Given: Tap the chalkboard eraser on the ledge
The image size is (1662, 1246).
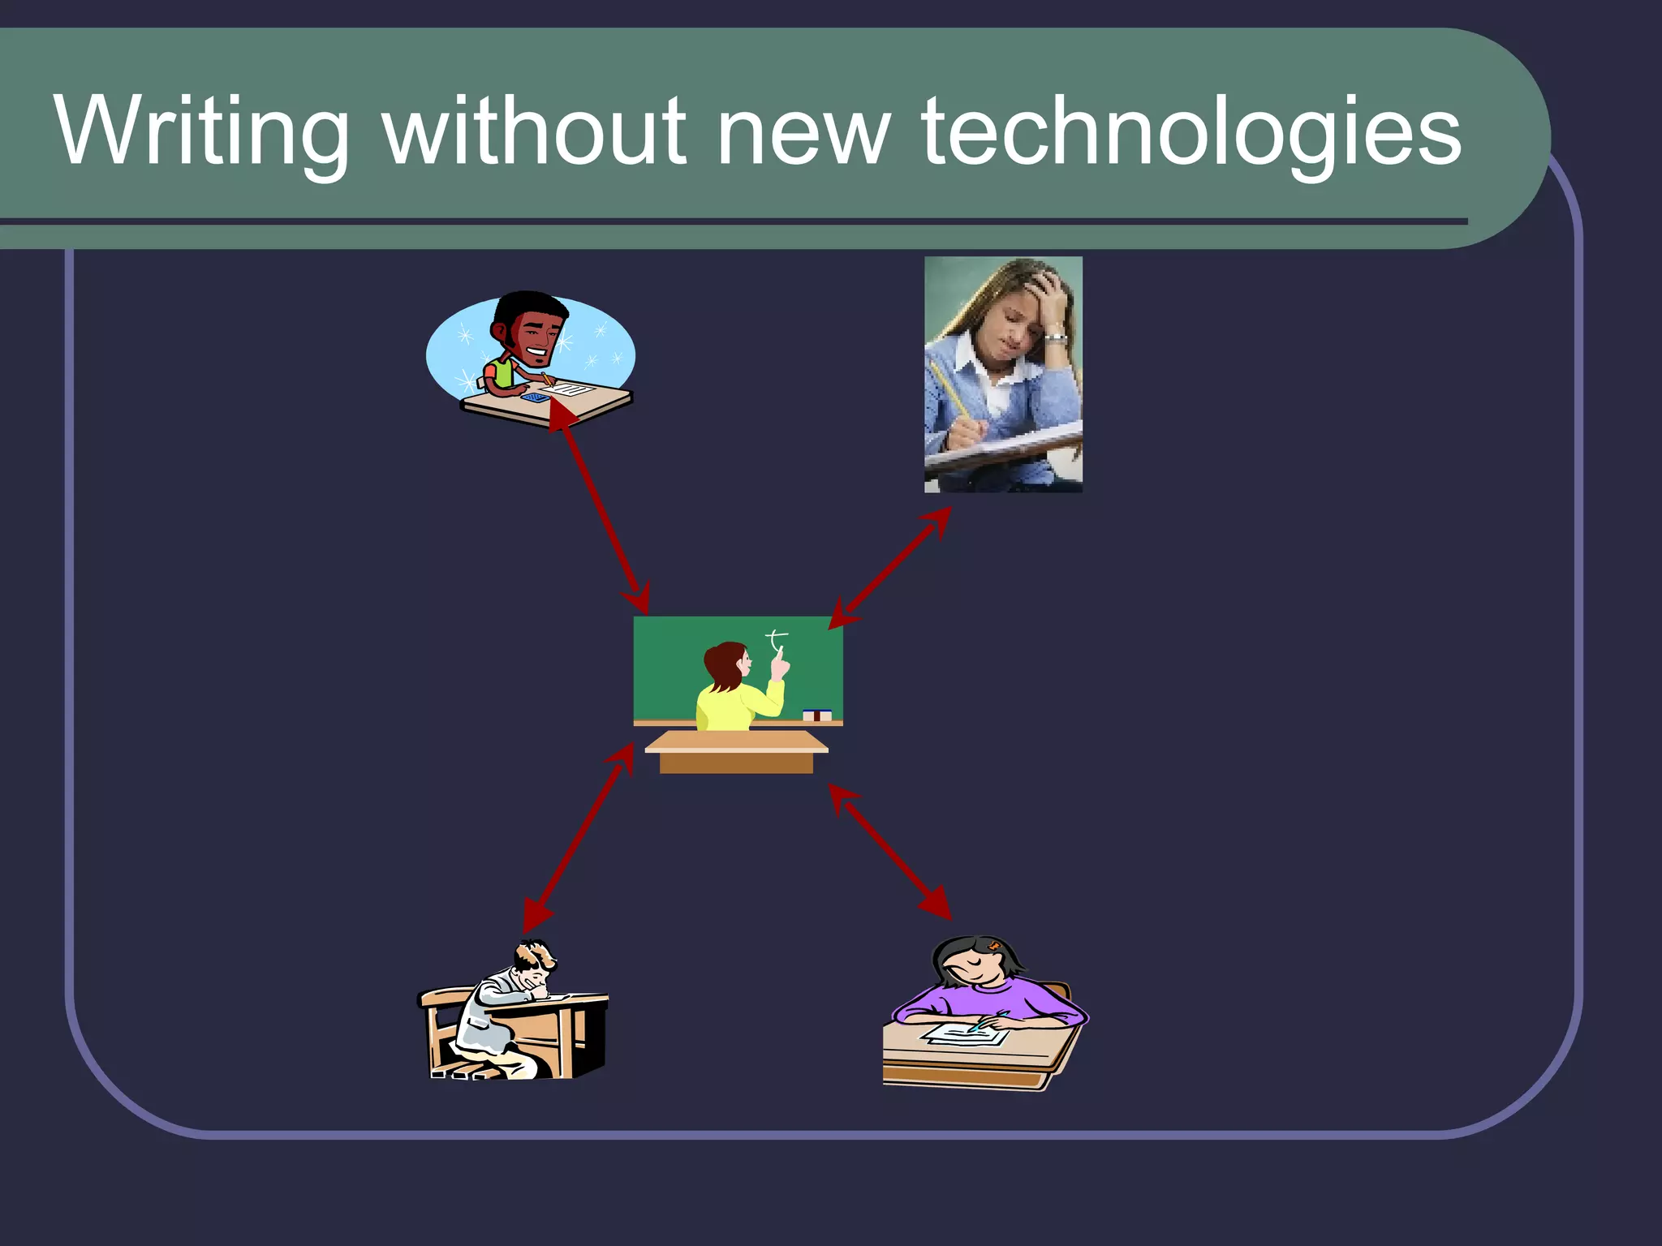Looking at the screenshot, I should pos(816,715).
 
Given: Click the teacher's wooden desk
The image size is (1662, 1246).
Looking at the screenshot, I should pos(736,752).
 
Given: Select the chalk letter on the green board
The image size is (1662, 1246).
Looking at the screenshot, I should pos(777,641).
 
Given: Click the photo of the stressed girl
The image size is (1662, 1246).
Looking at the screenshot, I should pos(1003,374).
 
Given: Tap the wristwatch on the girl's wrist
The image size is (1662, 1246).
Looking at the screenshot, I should pos(1054,337).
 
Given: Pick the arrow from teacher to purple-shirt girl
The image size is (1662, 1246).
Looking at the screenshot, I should pos(890,852).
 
